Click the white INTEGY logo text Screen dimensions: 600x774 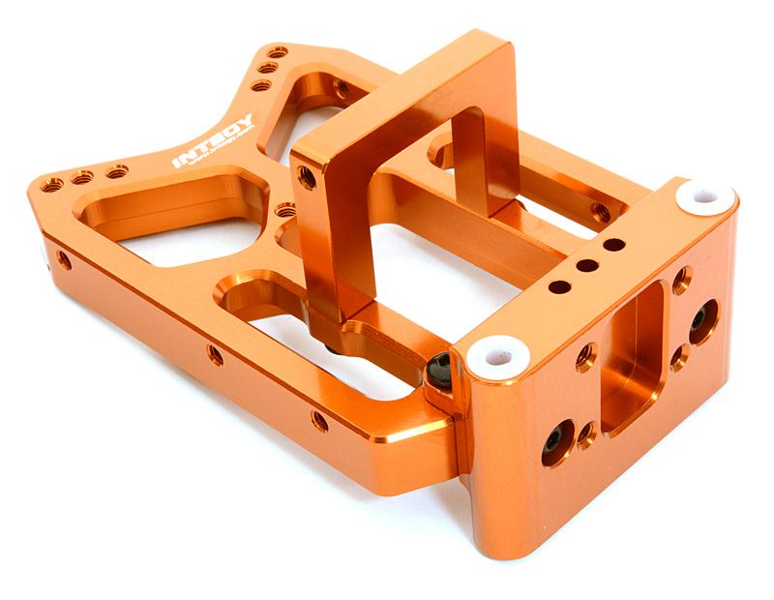[212, 141]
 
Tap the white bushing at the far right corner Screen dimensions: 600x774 [704, 197]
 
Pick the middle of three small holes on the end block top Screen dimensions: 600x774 [586, 265]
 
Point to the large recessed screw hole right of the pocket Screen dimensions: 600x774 [702, 320]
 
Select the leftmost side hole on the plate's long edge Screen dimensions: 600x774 [64, 259]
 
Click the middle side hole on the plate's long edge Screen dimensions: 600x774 [215, 355]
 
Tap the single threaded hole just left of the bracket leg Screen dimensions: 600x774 [285, 209]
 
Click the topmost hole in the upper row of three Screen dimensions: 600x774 [278, 52]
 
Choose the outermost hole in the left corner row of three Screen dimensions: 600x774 [50, 184]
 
